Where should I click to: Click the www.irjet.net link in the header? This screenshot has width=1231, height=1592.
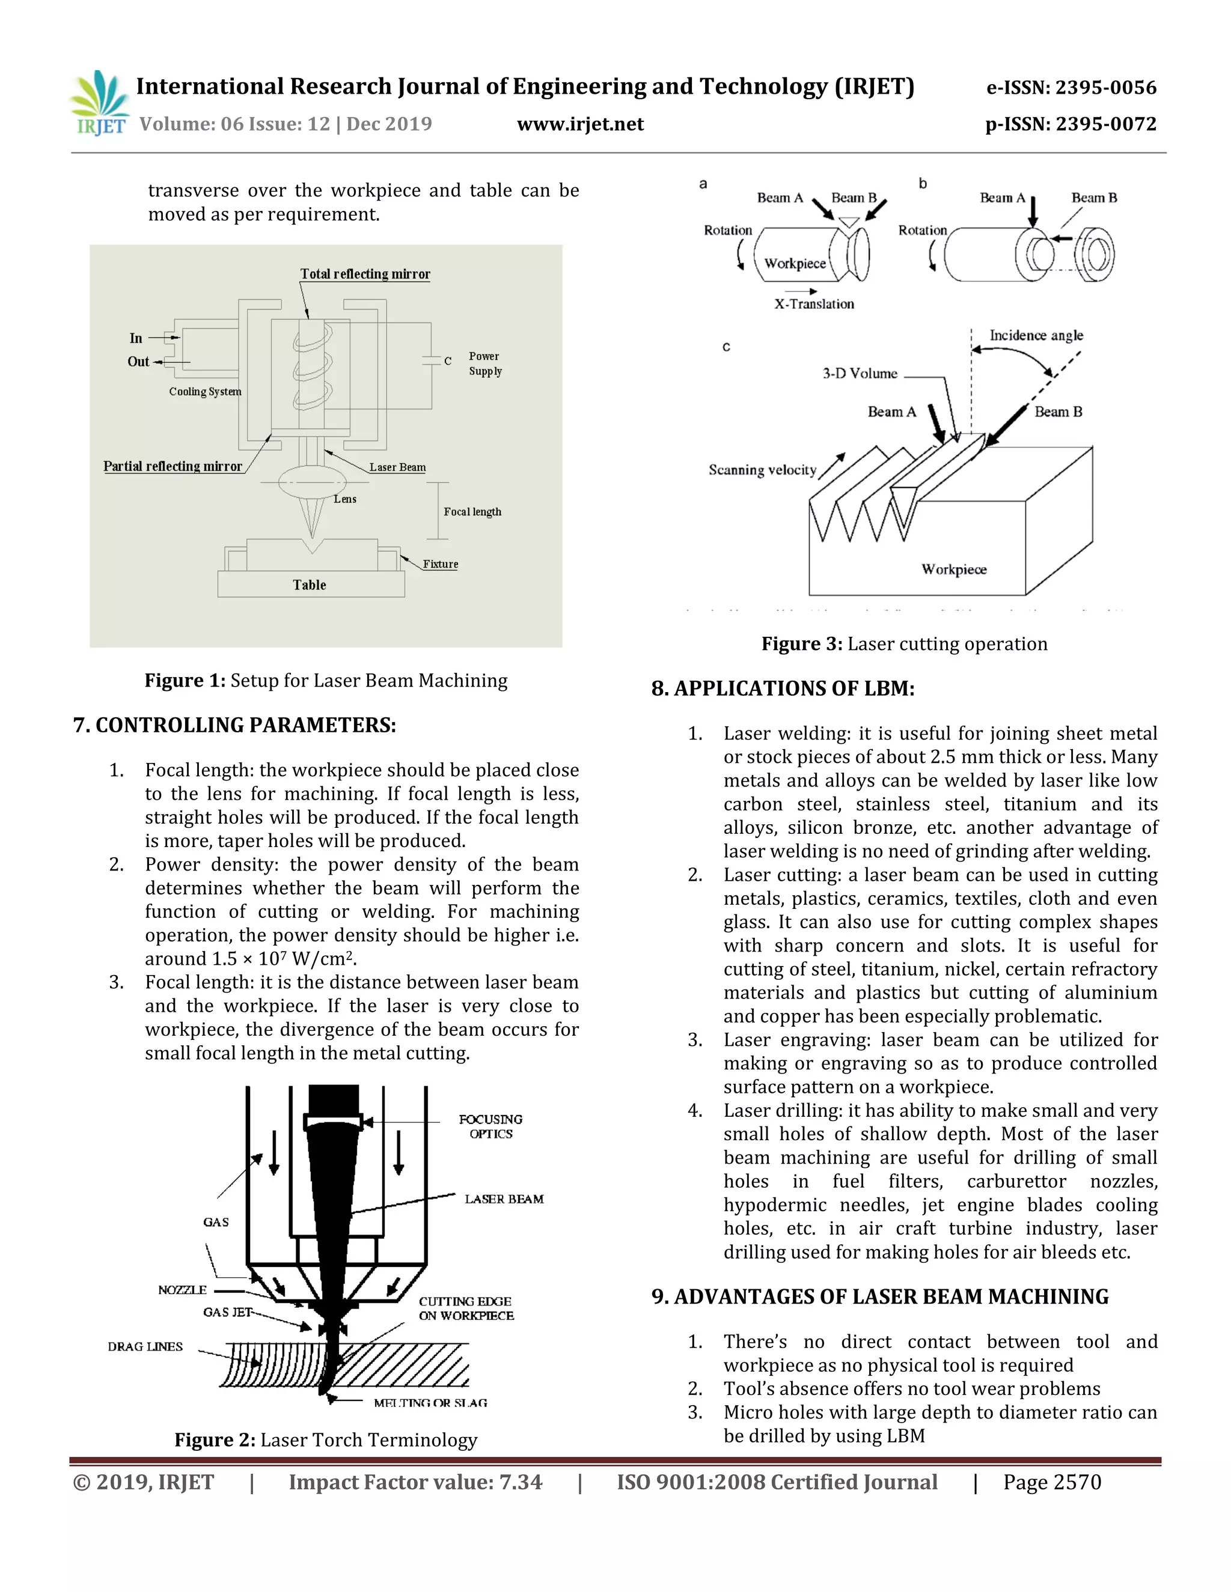pos(580,124)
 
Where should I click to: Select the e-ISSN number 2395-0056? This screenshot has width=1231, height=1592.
pos(1071,88)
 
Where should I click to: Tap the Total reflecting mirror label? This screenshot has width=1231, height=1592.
pos(365,274)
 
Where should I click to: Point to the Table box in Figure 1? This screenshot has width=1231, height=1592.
pos(310,585)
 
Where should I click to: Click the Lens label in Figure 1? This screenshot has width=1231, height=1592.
pos(345,499)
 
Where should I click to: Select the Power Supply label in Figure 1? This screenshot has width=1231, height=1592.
pos(485,363)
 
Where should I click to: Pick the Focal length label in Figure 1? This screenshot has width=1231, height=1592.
pos(472,512)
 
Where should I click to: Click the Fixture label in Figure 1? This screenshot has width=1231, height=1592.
pos(440,564)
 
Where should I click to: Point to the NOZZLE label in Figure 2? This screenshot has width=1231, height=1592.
pos(182,1290)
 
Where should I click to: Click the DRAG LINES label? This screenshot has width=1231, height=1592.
pos(145,1346)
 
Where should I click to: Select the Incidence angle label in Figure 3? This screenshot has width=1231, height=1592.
pos(1036,335)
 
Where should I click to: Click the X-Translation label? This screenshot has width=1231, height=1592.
pos(814,304)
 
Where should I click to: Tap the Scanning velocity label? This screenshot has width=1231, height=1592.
pos(762,470)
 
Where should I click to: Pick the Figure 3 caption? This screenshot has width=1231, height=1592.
pos(904,643)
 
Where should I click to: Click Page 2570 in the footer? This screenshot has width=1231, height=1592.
pos(1052,1482)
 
